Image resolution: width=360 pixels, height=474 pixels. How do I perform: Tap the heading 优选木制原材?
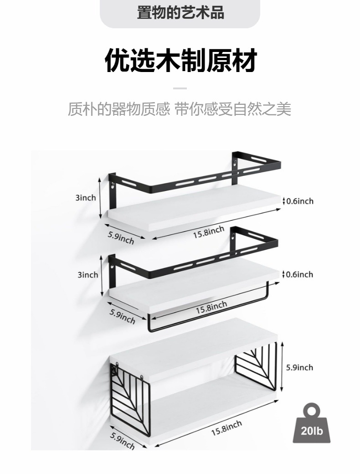click(x=180, y=61)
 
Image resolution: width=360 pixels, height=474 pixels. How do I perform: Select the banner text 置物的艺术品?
click(x=180, y=13)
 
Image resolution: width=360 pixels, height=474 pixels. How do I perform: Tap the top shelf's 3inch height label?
click(x=86, y=197)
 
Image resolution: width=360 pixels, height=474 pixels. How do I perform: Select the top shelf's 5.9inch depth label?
click(x=121, y=237)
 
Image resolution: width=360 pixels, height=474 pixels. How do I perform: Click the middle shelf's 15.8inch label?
click(x=211, y=308)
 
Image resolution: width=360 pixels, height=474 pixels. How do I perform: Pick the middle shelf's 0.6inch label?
click(x=299, y=274)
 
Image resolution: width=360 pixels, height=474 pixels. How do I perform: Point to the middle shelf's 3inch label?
click(x=87, y=274)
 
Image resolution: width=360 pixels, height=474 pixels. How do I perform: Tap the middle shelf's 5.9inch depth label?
click(x=122, y=316)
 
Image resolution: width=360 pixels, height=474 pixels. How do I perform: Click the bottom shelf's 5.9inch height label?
click(x=299, y=367)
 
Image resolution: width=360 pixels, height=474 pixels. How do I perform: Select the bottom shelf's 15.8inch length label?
click(x=226, y=428)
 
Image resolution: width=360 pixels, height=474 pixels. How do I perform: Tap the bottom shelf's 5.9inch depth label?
click(x=122, y=441)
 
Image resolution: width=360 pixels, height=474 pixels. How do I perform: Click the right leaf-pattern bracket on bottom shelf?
click(x=257, y=367)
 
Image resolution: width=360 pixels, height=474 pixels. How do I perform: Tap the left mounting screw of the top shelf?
click(x=112, y=185)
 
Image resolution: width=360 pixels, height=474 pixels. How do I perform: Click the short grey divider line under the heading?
click(x=180, y=88)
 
